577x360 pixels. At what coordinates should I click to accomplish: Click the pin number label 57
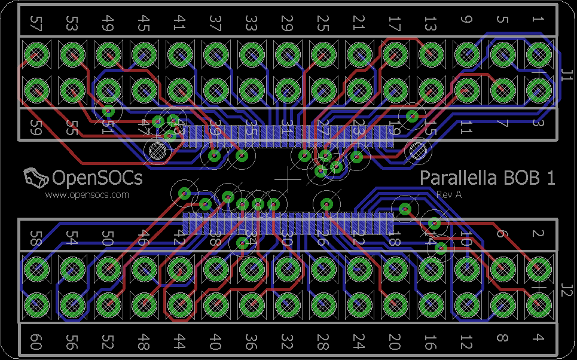[x=36, y=23]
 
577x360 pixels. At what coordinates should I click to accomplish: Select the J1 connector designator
[x=567, y=76]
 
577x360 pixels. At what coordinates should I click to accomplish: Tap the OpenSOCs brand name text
[x=97, y=178]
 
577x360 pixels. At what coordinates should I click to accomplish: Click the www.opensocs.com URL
[x=87, y=194]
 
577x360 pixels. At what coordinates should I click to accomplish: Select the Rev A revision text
[x=449, y=194]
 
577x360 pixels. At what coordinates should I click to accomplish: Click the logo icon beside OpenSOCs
[x=35, y=178]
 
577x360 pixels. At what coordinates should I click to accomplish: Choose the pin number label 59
[x=36, y=127]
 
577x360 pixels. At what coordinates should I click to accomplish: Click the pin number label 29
[x=287, y=23]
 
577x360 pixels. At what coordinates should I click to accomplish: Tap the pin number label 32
[x=287, y=342]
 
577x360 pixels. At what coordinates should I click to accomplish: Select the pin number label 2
[x=537, y=234]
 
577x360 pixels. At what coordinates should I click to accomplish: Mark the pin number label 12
[x=466, y=342]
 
